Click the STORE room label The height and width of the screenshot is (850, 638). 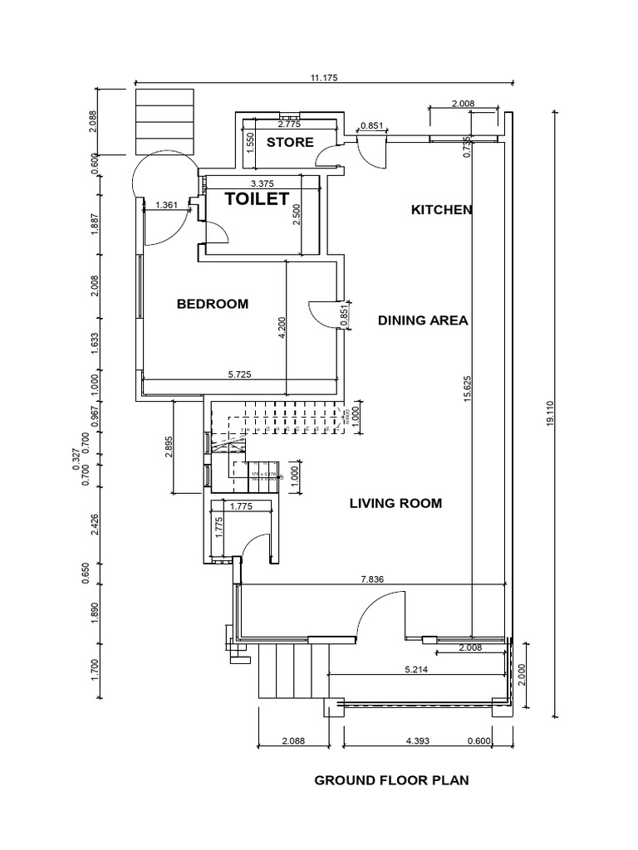(290, 142)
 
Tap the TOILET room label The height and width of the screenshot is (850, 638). (258, 198)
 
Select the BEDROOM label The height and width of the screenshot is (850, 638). (213, 304)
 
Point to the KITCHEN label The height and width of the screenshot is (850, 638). (442, 210)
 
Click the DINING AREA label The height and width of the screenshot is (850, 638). (423, 320)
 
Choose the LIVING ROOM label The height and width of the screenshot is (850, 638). (395, 503)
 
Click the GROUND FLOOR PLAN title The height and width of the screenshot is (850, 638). (391, 780)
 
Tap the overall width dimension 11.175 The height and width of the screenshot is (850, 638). (324, 77)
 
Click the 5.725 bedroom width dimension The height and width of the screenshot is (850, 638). (241, 374)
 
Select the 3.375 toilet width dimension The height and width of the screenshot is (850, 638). (262, 183)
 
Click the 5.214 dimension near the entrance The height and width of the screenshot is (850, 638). (416, 669)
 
